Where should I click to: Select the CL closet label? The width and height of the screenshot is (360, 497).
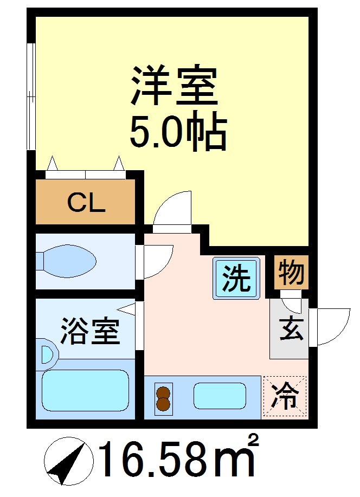86,204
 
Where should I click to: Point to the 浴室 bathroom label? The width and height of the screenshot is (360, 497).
89,332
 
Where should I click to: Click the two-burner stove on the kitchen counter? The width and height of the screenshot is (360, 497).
163,398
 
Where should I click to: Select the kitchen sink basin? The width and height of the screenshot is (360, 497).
219,396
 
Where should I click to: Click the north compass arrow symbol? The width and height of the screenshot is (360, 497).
66,462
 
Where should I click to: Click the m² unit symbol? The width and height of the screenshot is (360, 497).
236,460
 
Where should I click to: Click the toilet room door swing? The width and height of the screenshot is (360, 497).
157,261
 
